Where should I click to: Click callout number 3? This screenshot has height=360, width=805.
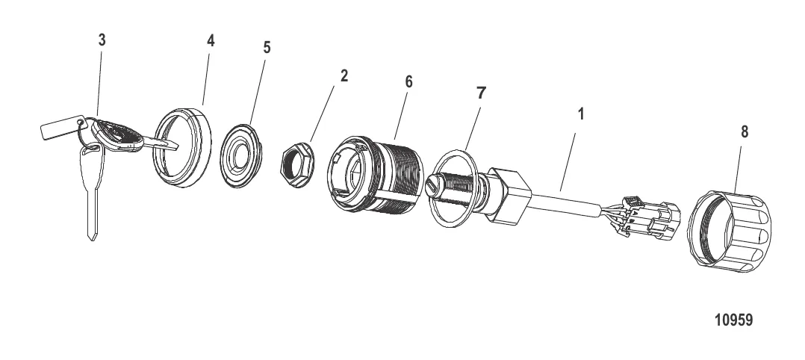(x=102, y=40)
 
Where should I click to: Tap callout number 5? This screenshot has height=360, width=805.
(x=266, y=47)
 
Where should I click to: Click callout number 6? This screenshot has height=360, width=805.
(x=408, y=81)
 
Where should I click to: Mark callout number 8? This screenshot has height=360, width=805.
(x=744, y=132)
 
